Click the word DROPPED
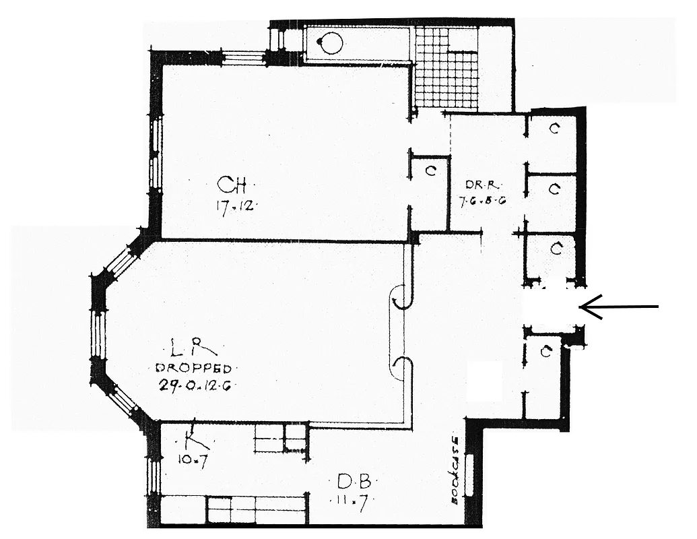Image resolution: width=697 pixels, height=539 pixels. [194, 369]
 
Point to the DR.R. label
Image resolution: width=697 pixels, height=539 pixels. [483, 185]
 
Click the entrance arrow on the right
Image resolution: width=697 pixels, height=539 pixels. [618, 308]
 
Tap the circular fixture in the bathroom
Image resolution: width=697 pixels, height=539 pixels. [331, 43]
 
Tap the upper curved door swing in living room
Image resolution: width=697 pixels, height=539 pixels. [402, 297]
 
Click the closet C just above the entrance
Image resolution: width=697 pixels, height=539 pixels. [556, 249]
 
